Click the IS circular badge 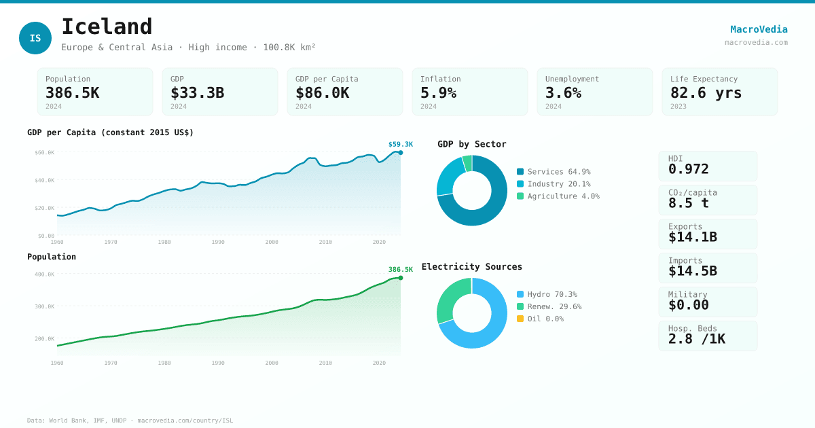pyautogui.click(x=35, y=38)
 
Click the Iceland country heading pyautogui.click(x=107, y=27)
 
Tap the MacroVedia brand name pyautogui.click(x=759, y=29)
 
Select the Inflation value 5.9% pyautogui.click(x=438, y=92)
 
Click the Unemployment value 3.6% pyautogui.click(x=563, y=92)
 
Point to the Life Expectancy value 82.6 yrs pyautogui.click(x=706, y=92)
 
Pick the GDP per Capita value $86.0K pyautogui.click(x=322, y=92)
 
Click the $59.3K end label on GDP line pyautogui.click(x=400, y=144)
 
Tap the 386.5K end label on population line pyautogui.click(x=400, y=269)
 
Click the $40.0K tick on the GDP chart pyautogui.click(x=45, y=180)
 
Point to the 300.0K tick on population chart pyautogui.click(x=45, y=306)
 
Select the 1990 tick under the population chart pyautogui.click(x=217, y=363)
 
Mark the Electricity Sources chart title pyautogui.click(x=471, y=266)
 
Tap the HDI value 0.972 pyautogui.click(x=688, y=168)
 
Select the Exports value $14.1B pyautogui.click(x=692, y=236)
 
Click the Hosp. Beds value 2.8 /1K pyautogui.click(x=696, y=338)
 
